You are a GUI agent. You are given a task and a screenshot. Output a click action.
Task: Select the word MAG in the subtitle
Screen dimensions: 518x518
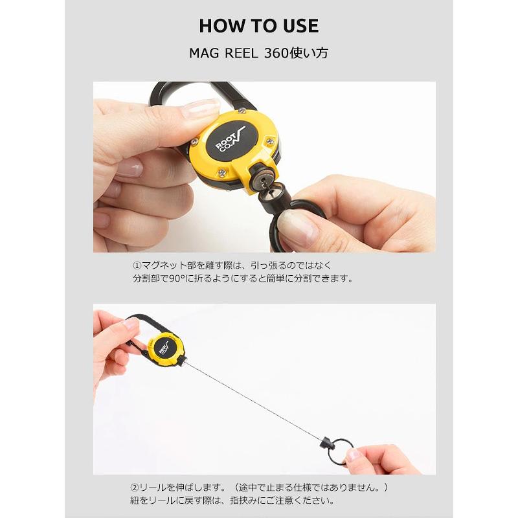pos(203,53)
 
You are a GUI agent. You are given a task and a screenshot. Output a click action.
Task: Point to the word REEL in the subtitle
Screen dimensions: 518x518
pos(241,53)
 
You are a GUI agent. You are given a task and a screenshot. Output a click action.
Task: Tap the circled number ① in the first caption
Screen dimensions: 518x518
pos(137,265)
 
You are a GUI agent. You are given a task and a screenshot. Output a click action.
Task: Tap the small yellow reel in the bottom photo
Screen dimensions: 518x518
pos(166,347)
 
